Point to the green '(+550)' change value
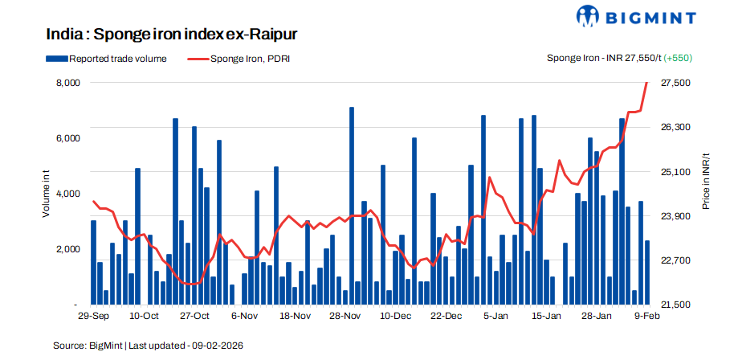click(679, 58)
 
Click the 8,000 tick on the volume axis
click(67, 83)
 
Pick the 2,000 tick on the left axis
click(67, 249)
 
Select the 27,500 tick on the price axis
click(672, 83)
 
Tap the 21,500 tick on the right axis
click(672, 305)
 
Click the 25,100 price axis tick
click(672, 172)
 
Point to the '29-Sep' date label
click(95, 317)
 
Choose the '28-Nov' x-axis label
click(345, 317)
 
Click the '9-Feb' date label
click(647, 317)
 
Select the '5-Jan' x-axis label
click(495, 317)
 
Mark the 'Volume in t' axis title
click(47, 194)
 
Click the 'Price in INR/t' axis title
click(706, 182)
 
